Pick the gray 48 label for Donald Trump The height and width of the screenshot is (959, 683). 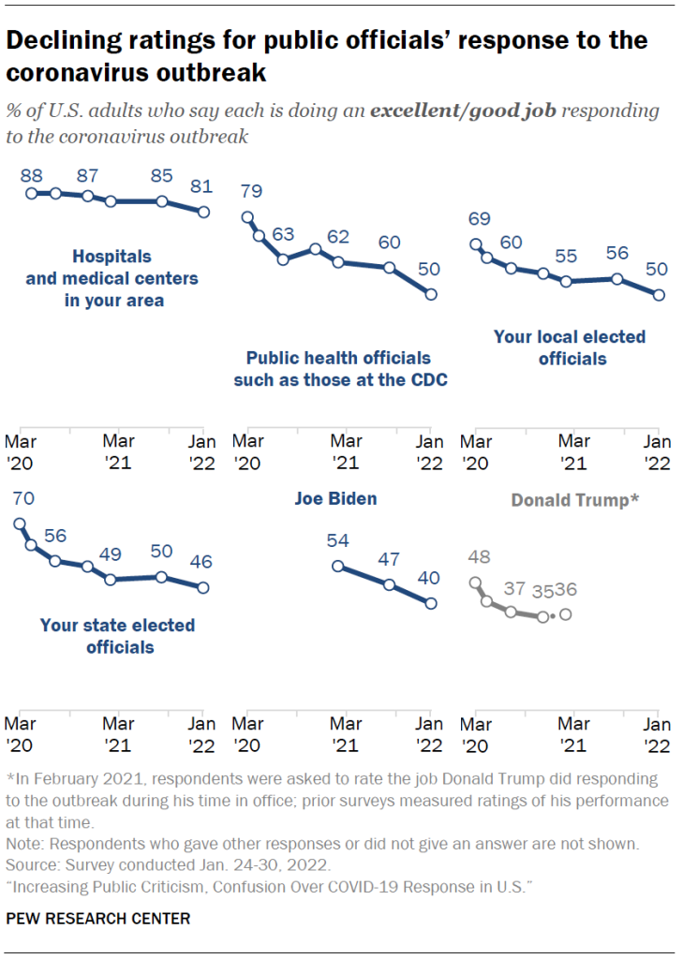[x=478, y=558]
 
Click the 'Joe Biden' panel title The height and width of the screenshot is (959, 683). [x=336, y=499]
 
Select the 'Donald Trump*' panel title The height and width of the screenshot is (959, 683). [x=575, y=500]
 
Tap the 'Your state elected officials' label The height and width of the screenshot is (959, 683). [x=117, y=636]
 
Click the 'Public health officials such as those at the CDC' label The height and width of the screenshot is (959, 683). [x=338, y=368]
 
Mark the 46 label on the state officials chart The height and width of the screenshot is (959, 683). [x=200, y=564]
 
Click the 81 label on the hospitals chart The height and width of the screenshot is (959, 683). [x=202, y=186]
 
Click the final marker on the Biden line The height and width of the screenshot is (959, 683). [x=430, y=604]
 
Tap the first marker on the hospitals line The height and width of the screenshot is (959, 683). [x=31, y=193]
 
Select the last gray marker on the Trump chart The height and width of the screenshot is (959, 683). [x=565, y=614]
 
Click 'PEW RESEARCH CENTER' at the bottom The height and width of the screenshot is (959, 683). [x=98, y=919]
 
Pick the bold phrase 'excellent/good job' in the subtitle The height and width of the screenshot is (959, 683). [x=463, y=111]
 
